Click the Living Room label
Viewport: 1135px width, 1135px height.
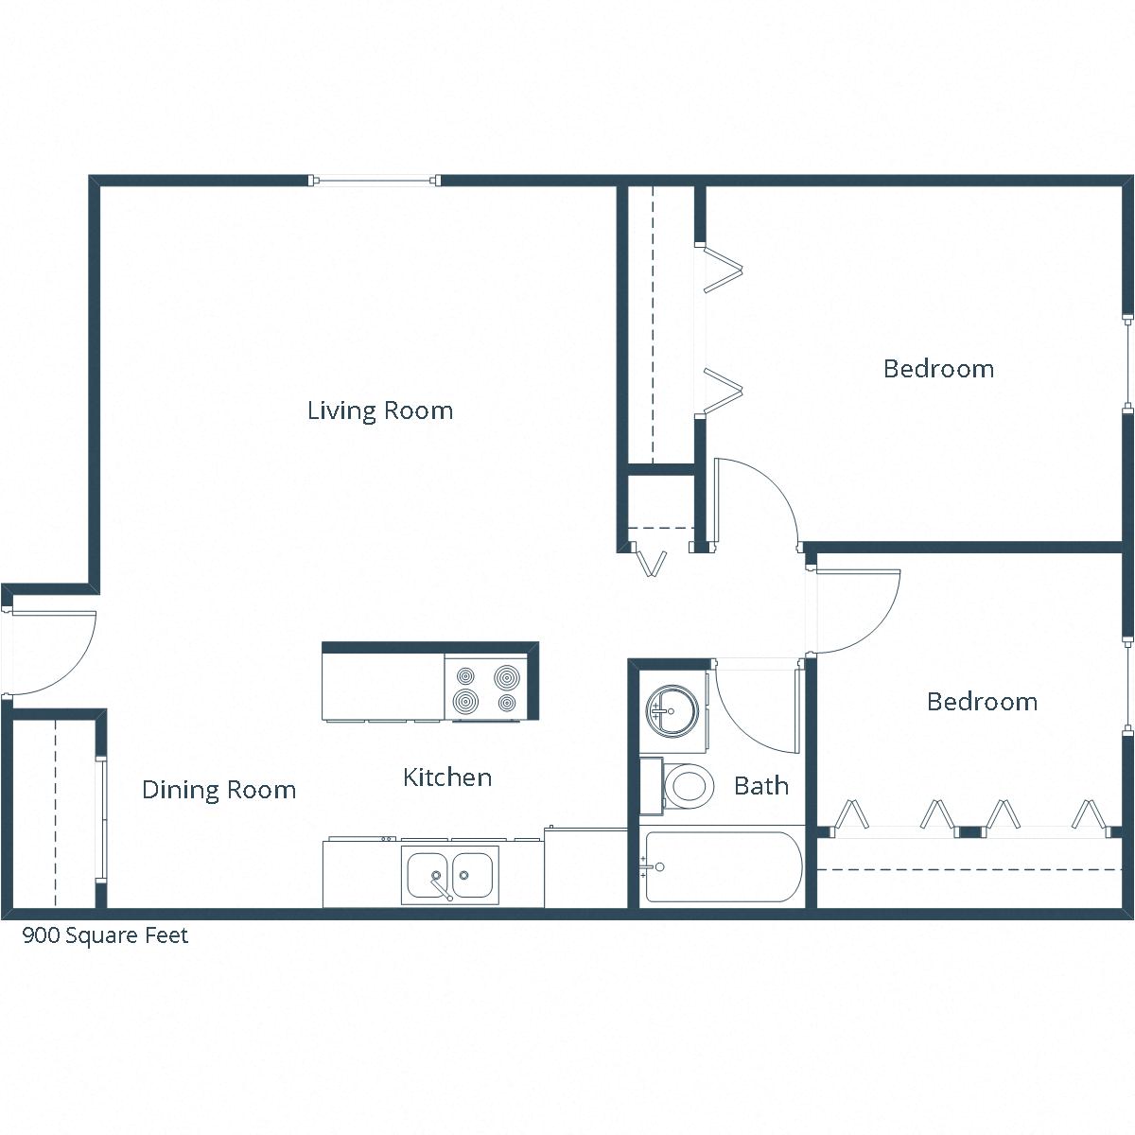[x=380, y=410]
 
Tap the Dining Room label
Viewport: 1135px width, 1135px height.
[x=218, y=790]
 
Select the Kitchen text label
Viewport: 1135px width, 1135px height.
[x=447, y=777]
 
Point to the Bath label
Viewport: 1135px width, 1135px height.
[x=761, y=785]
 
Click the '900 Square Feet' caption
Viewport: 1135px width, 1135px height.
[x=105, y=935]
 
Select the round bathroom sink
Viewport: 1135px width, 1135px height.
[x=672, y=709]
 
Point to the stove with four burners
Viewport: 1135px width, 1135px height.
[x=488, y=689]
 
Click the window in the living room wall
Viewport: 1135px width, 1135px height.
[x=375, y=180]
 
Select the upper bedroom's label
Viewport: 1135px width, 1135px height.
[x=938, y=369]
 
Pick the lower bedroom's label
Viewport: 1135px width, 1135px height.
[x=982, y=702]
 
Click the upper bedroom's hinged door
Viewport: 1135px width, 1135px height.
[x=752, y=501]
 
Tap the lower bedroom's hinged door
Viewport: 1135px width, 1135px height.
[x=856, y=610]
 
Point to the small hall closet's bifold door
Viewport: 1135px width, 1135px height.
[x=651, y=561]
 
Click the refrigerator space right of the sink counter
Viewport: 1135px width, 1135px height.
[x=585, y=868]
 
